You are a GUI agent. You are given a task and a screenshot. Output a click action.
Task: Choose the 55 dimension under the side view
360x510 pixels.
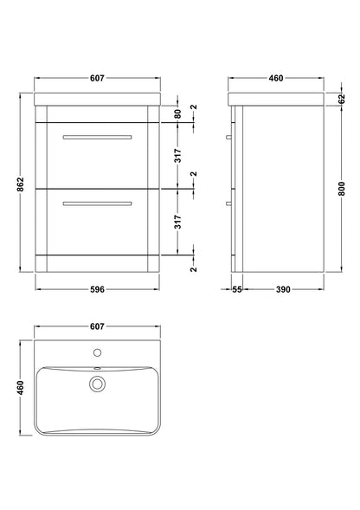237,289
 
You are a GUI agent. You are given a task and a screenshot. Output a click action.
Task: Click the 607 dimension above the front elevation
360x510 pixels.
97,79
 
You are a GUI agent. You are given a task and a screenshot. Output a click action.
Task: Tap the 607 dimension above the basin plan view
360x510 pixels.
97,326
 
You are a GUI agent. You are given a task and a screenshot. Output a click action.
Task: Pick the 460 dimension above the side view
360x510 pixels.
276,79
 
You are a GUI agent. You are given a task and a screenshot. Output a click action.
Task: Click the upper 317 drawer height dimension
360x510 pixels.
177,156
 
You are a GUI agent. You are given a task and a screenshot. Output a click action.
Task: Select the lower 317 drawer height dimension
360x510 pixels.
177,223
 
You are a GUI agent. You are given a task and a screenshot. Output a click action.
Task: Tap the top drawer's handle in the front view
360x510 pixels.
97,137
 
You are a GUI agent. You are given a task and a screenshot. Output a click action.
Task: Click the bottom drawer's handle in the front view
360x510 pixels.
97,203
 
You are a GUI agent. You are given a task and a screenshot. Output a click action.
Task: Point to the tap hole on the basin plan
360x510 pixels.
98,353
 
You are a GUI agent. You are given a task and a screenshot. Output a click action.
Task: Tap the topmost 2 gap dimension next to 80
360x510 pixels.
194,107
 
